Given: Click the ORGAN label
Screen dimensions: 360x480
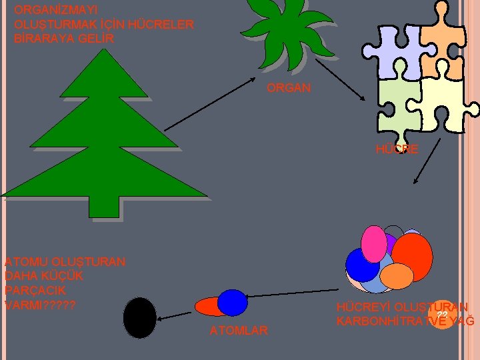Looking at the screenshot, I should (x=288, y=88).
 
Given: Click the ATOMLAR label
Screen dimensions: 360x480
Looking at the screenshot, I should (x=239, y=330).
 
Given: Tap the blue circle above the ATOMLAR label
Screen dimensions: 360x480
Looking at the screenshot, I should (x=232, y=302).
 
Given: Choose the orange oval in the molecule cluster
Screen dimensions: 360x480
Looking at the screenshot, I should (x=398, y=275).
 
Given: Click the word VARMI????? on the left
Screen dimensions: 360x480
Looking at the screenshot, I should (x=39, y=306).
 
